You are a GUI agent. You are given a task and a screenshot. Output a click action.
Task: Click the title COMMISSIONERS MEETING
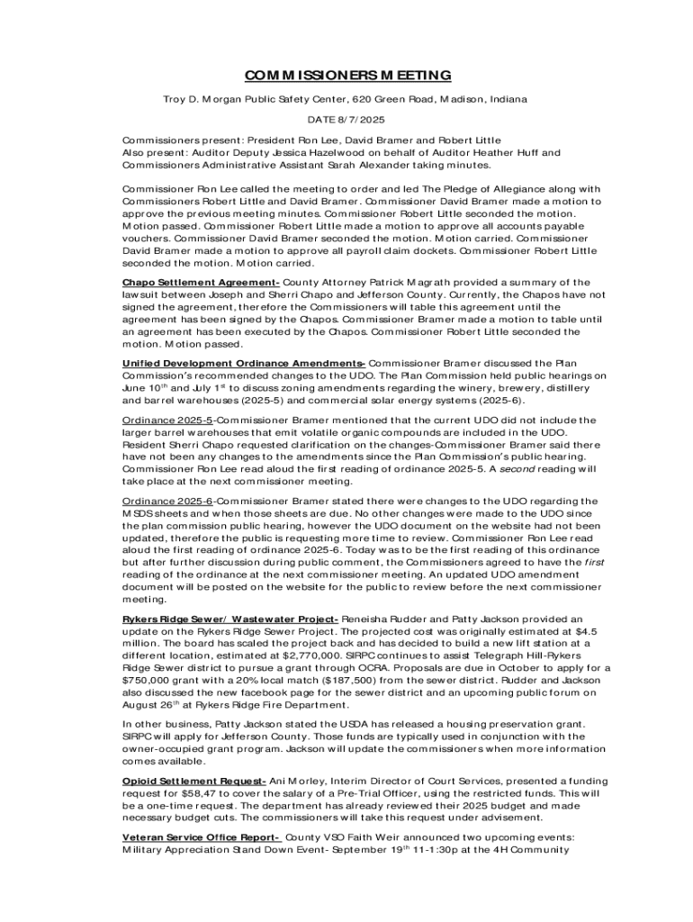346,75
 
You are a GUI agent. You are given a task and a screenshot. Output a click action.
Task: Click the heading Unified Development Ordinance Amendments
243,363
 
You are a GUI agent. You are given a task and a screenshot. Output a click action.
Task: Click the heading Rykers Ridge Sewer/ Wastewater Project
230,619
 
